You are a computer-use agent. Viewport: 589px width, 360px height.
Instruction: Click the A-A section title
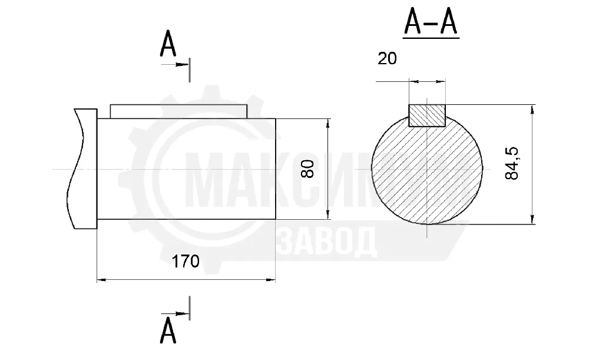(x=431, y=22)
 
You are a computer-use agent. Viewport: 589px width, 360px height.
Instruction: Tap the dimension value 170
(x=185, y=261)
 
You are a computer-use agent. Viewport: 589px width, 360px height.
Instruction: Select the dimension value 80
(x=307, y=169)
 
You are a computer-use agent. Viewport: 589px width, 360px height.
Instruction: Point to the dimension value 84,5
(x=512, y=163)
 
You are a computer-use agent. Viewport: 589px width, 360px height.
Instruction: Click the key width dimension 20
(x=387, y=58)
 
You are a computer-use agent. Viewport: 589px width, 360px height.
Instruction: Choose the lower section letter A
(x=168, y=330)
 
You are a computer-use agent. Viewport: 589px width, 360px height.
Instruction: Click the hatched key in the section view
(x=427, y=115)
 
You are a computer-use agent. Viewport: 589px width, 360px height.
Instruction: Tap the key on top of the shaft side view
(x=179, y=111)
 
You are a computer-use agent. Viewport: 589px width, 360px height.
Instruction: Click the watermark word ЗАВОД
(x=327, y=241)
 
